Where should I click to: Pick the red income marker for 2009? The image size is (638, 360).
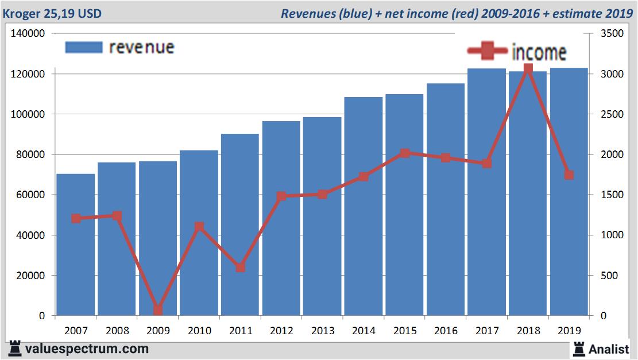(x=158, y=310)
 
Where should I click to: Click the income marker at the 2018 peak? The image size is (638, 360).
(x=528, y=69)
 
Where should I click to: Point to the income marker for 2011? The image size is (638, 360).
(x=240, y=268)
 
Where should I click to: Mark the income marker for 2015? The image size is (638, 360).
(x=405, y=153)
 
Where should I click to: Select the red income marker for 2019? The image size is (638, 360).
(x=569, y=175)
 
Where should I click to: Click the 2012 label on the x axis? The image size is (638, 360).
(x=281, y=331)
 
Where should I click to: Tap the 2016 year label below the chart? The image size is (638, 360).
(x=446, y=331)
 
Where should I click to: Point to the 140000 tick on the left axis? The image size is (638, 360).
(x=28, y=34)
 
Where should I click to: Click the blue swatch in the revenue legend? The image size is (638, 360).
(x=84, y=47)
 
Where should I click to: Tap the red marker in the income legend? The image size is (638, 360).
(x=488, y=51)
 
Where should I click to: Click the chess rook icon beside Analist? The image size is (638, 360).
(x=578, y=349)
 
